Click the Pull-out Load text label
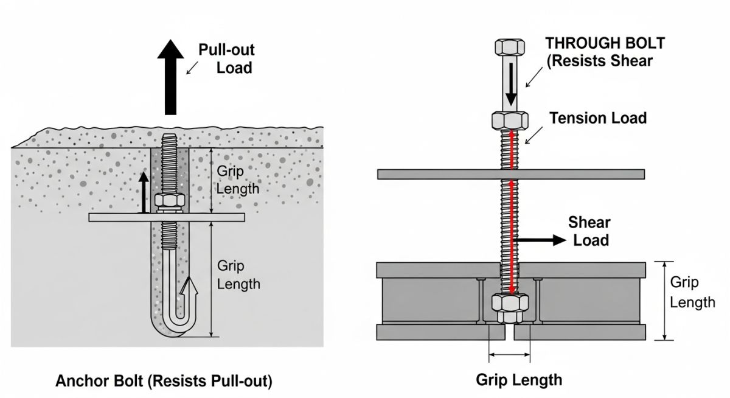point(226,58)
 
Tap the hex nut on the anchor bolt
point(167,201)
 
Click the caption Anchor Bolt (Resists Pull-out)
point(164,382)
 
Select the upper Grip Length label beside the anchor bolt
point(238,180)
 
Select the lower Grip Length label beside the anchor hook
point(238,275)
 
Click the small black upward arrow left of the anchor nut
point(144,192)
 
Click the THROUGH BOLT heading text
point(605,43)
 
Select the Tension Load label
point(598,118)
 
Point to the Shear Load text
point(589,231)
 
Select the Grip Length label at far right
point(692,292)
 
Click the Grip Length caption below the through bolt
point(518,380)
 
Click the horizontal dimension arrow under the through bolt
point(510,354)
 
